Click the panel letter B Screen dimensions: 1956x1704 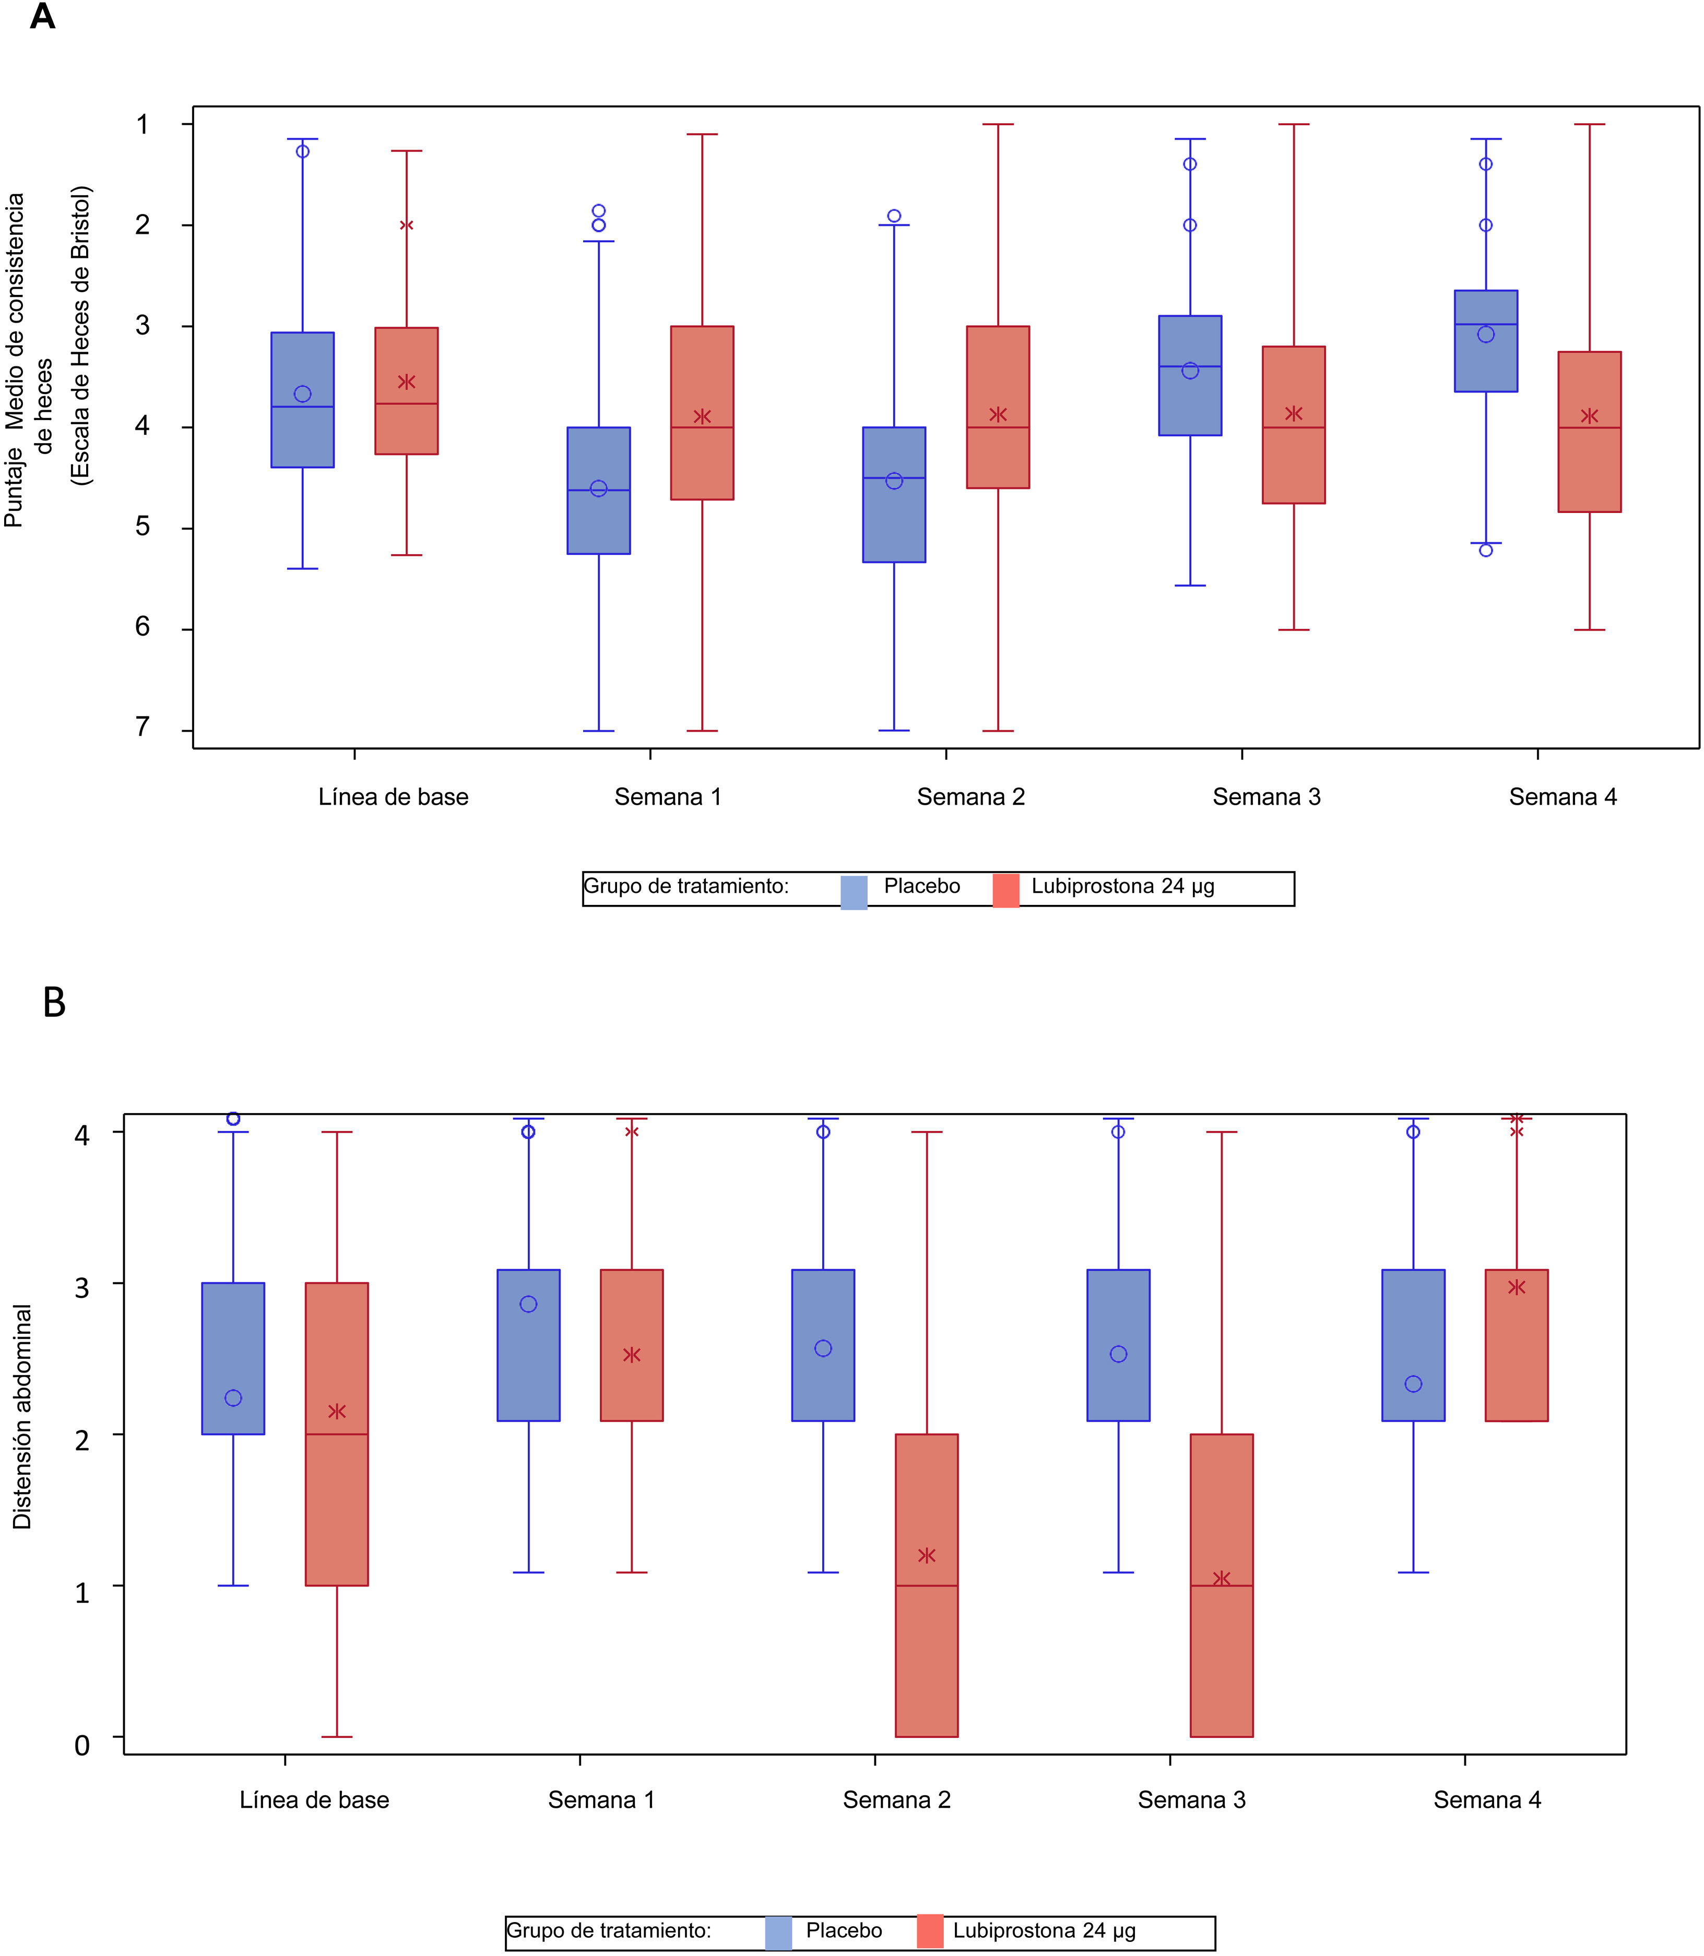pos(54,1002)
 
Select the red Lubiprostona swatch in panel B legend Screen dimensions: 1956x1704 pos(930,1931)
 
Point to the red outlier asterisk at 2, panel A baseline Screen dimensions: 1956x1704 pos(406,225)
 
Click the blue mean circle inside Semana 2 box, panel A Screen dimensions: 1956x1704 pos(894,481)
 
